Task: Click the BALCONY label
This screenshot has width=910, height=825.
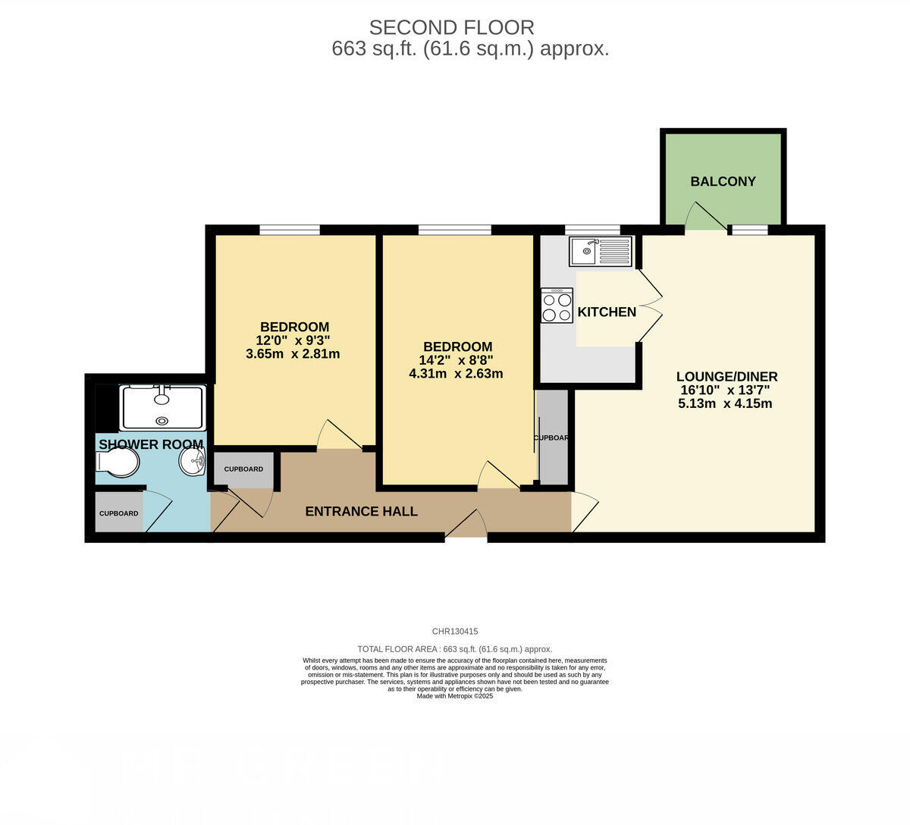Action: [x=723, y=181]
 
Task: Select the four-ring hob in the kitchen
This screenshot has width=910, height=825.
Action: [x=557, y=306]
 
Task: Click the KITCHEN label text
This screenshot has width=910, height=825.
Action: [x=607, y=312]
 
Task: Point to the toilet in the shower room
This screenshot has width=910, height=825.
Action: [x=117, y=463]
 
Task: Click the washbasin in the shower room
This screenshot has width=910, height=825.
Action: [x=193, y=460]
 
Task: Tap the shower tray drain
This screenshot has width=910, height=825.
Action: [x=162, y=421]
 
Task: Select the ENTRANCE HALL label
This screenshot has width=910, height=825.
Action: [x=361, y=511]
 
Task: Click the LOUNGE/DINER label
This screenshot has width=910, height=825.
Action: [x=726, y=376]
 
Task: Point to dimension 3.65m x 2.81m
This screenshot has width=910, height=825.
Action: [x=293, y=354]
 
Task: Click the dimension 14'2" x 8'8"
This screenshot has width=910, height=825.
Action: [x=456, y=360]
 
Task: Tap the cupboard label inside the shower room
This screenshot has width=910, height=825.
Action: [x=118, y=513]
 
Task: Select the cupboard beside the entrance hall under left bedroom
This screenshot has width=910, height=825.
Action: [x=243, y=469]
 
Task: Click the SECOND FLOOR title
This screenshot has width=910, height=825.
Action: [x=451, y=27]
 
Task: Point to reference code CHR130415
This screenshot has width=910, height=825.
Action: [x=454, y=631]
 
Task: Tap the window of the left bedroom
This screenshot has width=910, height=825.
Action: [x=289, y=229]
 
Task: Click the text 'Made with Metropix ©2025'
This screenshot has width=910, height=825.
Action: [x=454, y=695]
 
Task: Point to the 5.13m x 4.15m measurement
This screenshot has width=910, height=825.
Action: [x=725, y=403]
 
